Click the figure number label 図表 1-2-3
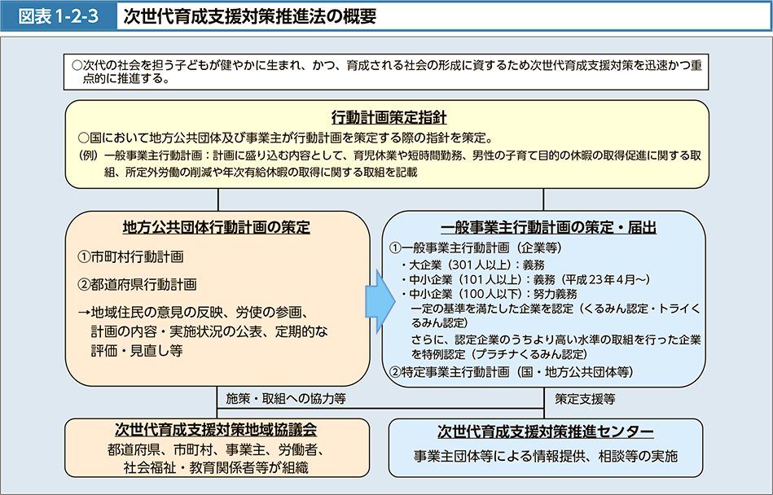[x=58, y=16]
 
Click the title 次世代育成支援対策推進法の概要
[x=250, y=16]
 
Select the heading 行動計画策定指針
[x=389, y=118]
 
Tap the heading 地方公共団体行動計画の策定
[x=217, y=227]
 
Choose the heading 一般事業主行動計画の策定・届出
[x=548, y=227]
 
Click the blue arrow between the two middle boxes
[x=380, y=301]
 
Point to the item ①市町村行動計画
[x=130, y=256]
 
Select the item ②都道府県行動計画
[x=137, y=284]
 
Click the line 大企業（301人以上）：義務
[x=472, y=265]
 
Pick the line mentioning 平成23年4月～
[x=525, y=280]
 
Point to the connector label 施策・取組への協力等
[x=286, y=398]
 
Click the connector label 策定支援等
[x=585, y=398]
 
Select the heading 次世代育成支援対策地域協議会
[x=216, y=430]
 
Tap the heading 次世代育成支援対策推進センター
[x=545, y=431]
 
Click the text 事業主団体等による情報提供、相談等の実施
[x=546, y=456]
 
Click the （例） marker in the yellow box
[x=88, y=156]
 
